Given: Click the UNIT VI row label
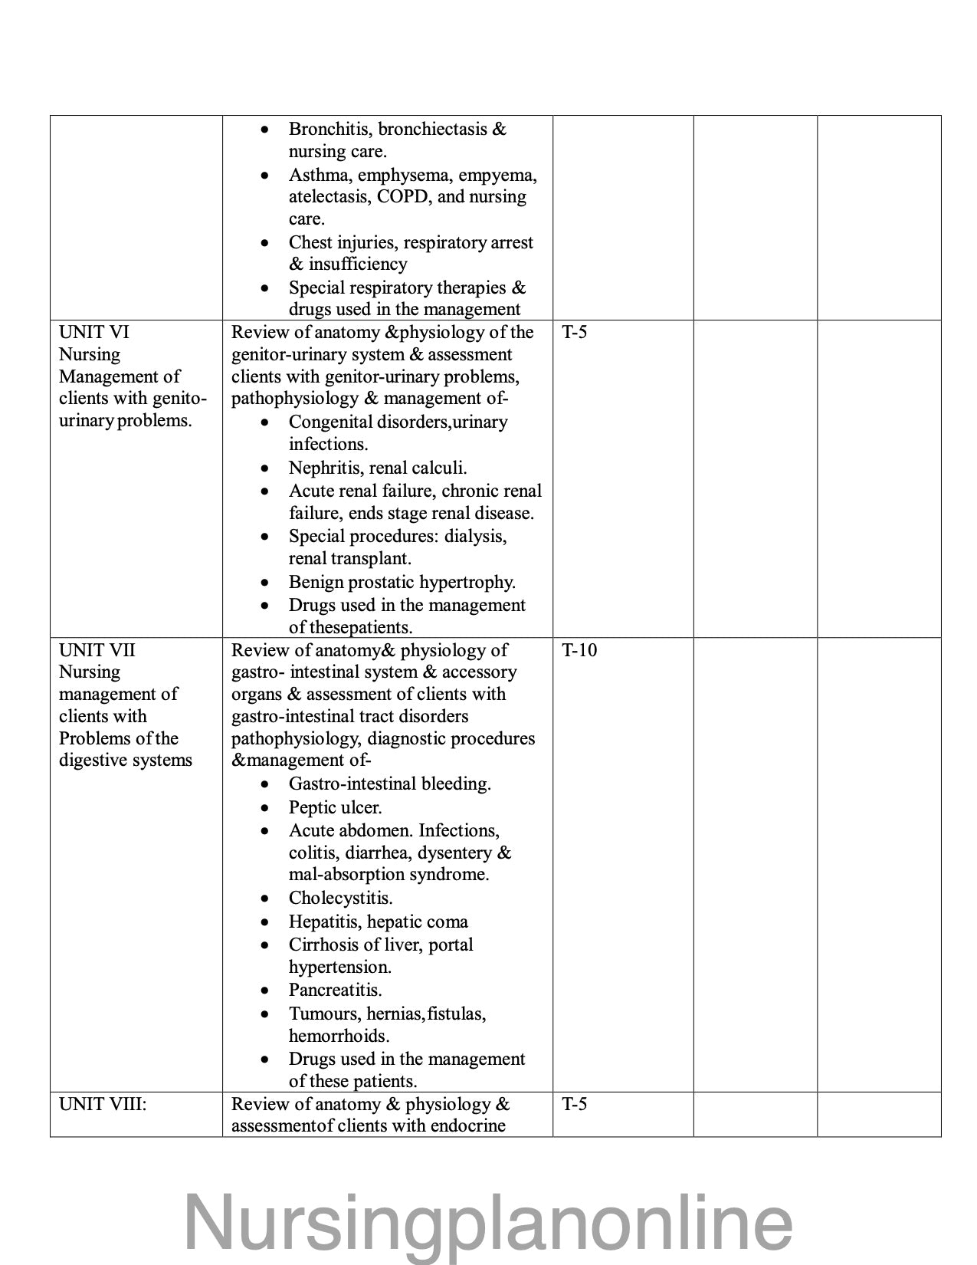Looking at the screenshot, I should [94, 332].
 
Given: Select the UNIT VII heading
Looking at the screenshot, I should [97, 650].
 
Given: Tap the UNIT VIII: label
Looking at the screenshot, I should [103, 1104].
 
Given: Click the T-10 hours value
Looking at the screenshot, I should [579, 650].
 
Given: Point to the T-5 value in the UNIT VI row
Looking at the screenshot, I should [575, 332].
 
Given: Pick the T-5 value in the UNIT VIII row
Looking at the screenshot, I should [575, 1104].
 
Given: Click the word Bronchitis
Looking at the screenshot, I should [329, 129].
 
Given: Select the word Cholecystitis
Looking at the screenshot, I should [340, 898].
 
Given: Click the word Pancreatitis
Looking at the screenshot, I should [335, 990].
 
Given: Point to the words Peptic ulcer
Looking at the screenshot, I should [335, 807].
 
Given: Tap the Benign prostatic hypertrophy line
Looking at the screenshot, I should [402, 582].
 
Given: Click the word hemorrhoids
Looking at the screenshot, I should [339, 1036].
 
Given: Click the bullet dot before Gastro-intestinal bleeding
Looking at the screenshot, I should [264, 784].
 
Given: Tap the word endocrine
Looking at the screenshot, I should [468, 1125].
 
